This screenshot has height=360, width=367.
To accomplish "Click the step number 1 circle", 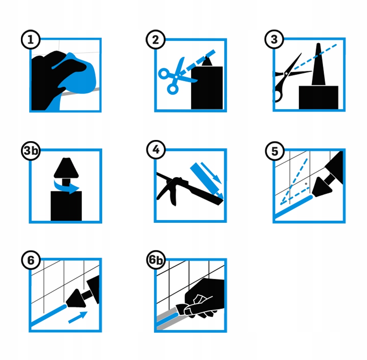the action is pyautogui.click(x=31, y=39).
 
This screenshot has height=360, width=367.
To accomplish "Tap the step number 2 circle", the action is pyautogui.click(x=155, y=39).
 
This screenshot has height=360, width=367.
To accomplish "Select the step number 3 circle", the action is pyautogui.click(x=274, y=39).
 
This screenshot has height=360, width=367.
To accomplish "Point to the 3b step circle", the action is pyautogui.click(x=31, y=150).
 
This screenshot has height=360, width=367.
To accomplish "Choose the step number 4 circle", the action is pyautogui.click(x=156, y=150).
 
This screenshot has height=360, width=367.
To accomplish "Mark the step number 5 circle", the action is pyautogui.click(x=275, y=151).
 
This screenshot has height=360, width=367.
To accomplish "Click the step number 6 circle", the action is pyautogui.click(x=31, y=260).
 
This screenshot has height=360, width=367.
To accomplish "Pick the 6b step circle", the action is pyautogui.click(x=155, y=260).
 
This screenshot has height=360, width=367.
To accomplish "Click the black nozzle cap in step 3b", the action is pyautogui.click(x=66, y=168).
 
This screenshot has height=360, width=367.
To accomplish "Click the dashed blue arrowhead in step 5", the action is pyautogui.click(x=283, y=201).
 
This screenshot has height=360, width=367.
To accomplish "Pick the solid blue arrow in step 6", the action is pyautogui.click(x=78, y=317).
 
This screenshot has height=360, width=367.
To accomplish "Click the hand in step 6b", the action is pyautogui.click(x=202, y=298).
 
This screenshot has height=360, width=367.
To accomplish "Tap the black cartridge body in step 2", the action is pyautogui.click(x=207, y=88).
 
